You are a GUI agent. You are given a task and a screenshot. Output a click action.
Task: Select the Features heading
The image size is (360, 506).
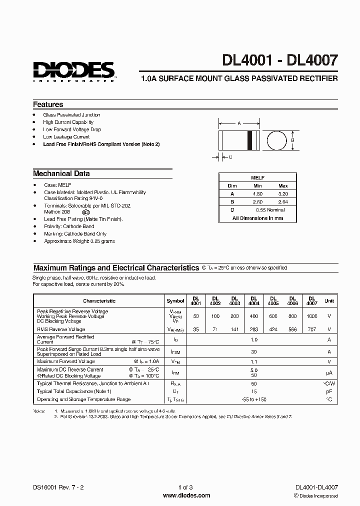click(48, 104)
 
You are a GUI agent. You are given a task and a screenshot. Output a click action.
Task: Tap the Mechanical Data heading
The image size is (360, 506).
click(61, 173)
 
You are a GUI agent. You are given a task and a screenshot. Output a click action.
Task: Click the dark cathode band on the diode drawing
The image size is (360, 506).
click(250, 140)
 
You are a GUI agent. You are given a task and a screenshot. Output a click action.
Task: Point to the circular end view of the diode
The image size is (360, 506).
click(274, 140)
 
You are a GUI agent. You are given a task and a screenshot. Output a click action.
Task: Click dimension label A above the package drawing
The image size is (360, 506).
click(239, 123)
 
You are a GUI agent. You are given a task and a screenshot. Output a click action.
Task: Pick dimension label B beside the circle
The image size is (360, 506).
click(293, 140)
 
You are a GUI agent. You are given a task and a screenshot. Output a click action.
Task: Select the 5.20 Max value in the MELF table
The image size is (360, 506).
click(283, 193)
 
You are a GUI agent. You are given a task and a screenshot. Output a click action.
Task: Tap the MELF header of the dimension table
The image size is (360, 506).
click(257, 177)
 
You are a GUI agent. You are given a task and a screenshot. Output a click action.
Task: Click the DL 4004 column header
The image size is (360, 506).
click(253, 300)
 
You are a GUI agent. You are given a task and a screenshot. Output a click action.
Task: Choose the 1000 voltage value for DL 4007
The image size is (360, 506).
click(311, 316)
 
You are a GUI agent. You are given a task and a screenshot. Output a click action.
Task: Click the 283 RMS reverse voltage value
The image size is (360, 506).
click(253, 329)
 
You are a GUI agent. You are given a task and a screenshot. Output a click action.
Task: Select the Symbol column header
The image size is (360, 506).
click(175, 301)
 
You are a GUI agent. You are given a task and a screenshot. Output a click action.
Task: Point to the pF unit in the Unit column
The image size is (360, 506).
click(329, 391)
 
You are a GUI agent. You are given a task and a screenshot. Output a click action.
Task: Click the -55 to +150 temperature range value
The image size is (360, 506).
click(253, 399)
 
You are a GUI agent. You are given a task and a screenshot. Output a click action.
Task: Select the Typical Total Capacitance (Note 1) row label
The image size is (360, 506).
click(74, 391)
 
